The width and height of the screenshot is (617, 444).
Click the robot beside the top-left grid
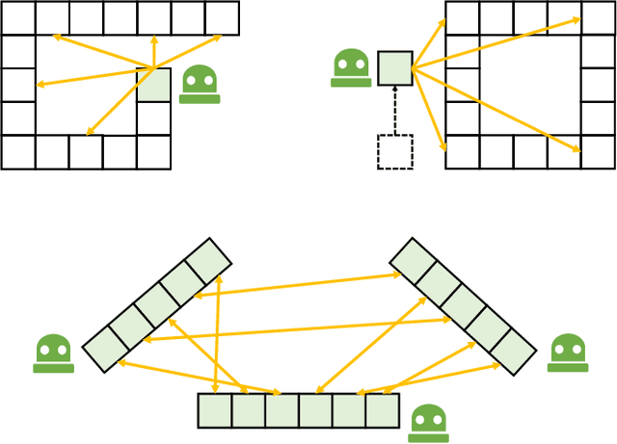[200, 85]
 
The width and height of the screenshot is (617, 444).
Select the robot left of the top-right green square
[351, 68]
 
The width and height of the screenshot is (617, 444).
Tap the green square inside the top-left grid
[153, 85]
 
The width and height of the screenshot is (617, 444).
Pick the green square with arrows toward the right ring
[394, 68]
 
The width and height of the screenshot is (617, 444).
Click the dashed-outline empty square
[394, 152]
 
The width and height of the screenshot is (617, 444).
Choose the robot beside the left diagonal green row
[54, 353]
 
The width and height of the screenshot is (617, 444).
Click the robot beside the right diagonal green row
[568, 353]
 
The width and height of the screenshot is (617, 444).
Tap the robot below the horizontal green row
[428, 424]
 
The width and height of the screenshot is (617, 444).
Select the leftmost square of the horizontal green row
[215, 410]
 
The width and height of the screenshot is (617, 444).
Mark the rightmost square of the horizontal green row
[382, 410]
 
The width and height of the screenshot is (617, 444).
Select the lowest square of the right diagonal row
[514, 353]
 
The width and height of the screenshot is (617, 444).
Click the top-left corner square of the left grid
[18, 18]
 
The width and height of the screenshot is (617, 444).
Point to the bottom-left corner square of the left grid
[18, 152]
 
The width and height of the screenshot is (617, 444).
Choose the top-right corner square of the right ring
[598, 18]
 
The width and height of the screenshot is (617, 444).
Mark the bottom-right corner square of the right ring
[598, 152]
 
